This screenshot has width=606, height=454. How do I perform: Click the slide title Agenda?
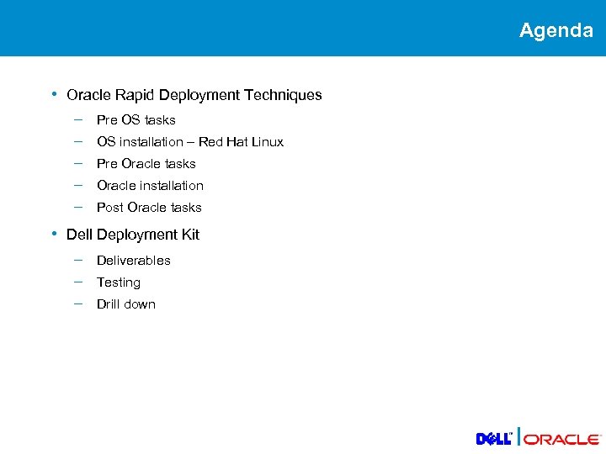[555, 30]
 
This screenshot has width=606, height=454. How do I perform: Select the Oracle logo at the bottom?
[562, 439]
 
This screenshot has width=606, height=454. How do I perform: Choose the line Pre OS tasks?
[136, 120]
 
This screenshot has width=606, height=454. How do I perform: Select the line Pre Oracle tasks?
[146, 164]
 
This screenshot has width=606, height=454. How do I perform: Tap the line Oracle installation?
[150, 186]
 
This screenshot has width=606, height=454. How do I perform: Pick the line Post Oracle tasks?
[149, 208]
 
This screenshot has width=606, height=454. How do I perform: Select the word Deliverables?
[133, 261]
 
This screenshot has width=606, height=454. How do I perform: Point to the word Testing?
[118, 282]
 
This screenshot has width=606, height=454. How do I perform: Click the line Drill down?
[125, 304]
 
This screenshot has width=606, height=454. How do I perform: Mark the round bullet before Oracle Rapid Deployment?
[54, 94]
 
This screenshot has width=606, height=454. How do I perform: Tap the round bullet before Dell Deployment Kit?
[54, 234]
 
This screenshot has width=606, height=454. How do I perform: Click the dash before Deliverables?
[77, 259]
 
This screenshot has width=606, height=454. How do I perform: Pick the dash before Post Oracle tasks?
[77, 206]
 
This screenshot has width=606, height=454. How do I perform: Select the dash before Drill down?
[77, 303]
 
